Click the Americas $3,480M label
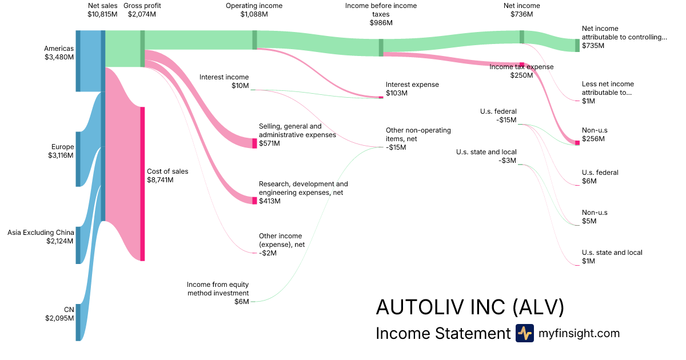[x=59, y=53]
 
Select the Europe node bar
[x=78, y=159]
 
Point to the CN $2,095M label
[x=61, y=314]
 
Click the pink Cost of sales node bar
[x=142, y=183]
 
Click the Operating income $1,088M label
[x=254, y=10]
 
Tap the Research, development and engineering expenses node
[x=255, y=200]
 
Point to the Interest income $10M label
[x=224, y=81]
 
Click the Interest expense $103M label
[x=412, y=89]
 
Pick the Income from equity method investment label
[x=218, y=293]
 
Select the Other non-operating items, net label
[x=418, y=138]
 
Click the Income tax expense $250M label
[x=521, y=71]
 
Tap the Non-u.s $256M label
[x=593, y=134]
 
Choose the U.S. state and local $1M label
[x=612, y=257]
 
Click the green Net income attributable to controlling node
[x=577, y=46]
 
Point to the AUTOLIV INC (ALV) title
[x=470, y=307]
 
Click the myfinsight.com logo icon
[x=524, y=333]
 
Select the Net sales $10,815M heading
[x=102, y=10]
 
